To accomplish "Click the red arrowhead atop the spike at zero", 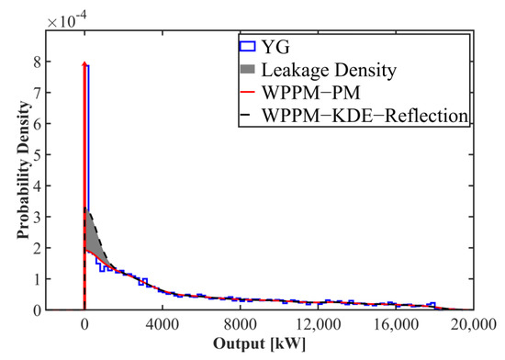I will click(x=84, y=64).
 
